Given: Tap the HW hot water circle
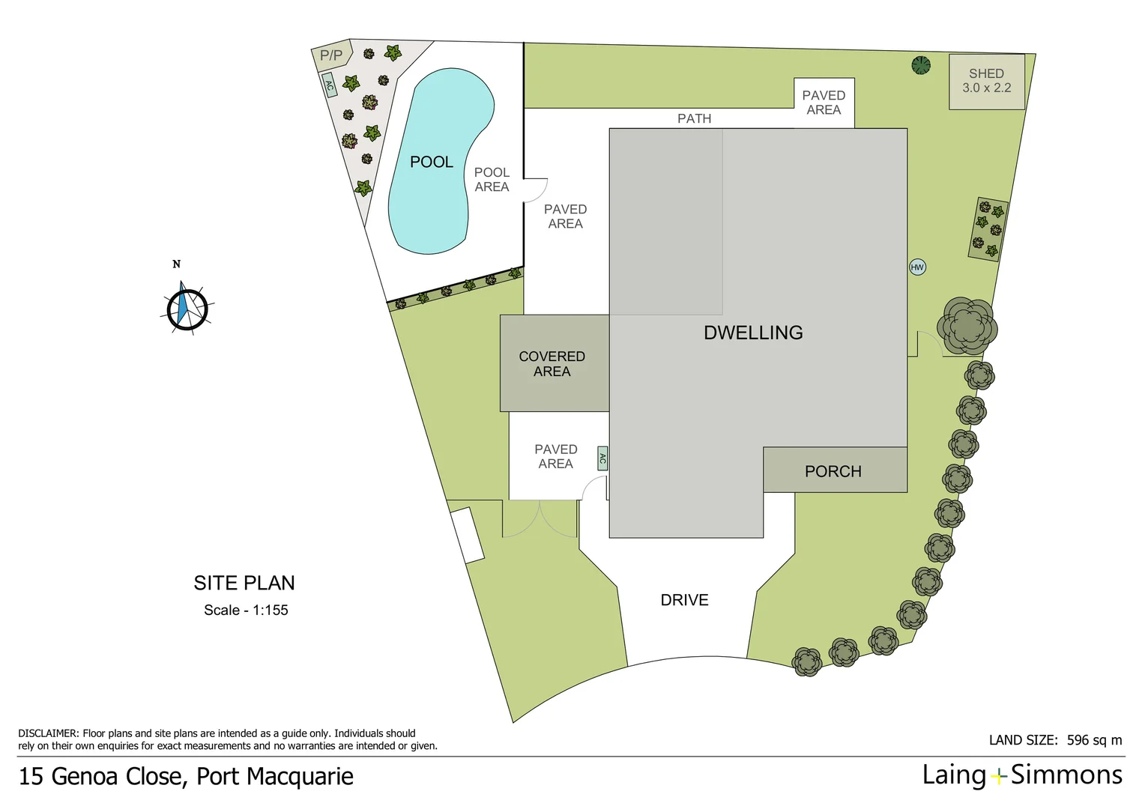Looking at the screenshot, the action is pos(917,267).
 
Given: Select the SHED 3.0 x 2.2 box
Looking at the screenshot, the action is pos(987,82).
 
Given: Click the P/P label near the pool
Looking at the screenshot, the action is pos(331,55).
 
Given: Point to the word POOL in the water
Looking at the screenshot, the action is pos(432,162).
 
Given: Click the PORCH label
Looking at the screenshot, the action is pos(833,471).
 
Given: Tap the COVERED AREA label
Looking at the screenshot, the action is pos(552,364).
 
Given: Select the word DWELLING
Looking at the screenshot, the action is pos(753,333).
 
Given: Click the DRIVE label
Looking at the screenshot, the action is pos(684,600).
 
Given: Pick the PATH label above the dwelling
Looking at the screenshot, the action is pos(694,118).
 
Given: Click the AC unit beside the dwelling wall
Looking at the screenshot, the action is pos(602,458).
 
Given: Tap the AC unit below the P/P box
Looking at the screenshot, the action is pos(329,85).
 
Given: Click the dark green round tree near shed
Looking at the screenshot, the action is pos(921,65).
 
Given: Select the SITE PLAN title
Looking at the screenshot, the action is pos(244,583).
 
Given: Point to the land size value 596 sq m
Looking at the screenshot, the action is pos(1094,740).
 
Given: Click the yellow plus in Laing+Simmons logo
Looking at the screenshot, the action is pos(998,777).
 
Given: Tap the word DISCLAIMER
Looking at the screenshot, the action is pos(48,733).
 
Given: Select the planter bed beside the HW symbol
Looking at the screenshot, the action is pos(988,229).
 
